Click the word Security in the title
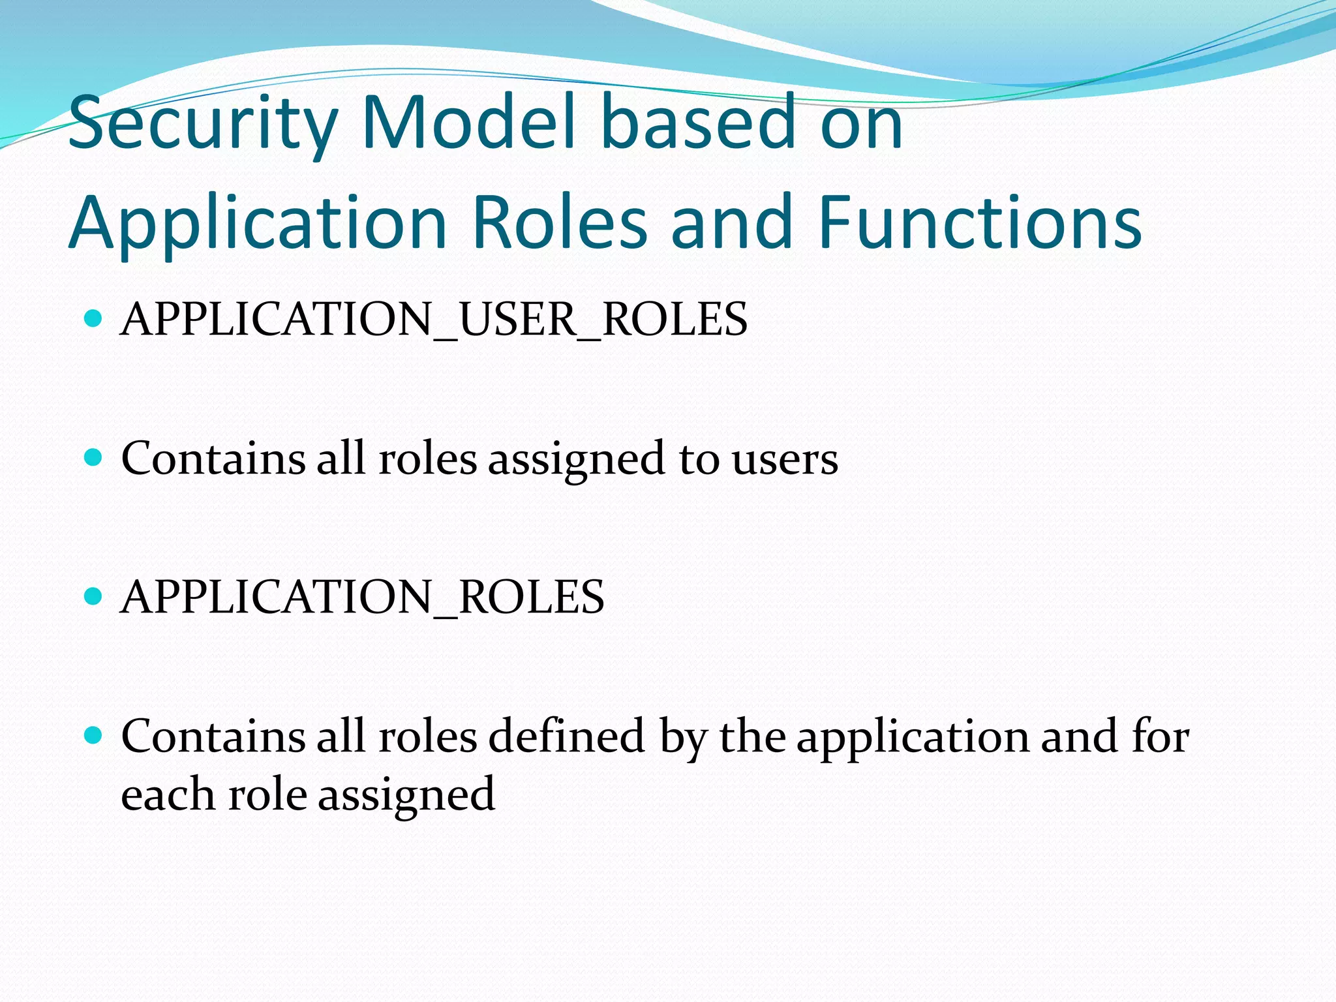[x=202, y=124]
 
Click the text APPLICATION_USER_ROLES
[x=434, y=319]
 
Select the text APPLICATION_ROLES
[x=363, y=597]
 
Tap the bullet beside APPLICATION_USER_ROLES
[x=94, y=318]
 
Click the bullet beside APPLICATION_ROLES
[x=94, y=596]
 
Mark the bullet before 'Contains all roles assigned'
[x=94, y=457]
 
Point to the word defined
[x=566, y=736]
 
